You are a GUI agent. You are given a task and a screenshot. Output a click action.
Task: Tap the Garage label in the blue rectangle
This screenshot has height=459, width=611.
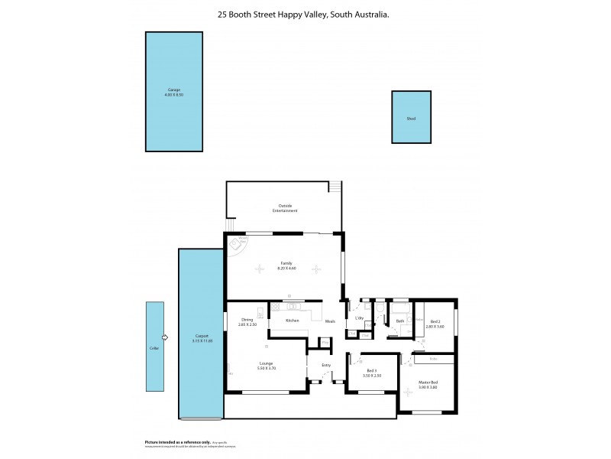pyautogui.click(x=175, y=90)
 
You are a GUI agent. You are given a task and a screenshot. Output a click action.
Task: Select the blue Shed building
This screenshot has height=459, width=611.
pyautogui.click(x=411, y=118)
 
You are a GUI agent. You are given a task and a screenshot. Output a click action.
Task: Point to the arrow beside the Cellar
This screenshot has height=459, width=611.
pyautogui.click(x=165, y=337)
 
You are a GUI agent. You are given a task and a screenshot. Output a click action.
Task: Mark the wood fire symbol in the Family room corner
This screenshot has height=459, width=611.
pyautogui.click(x=242, y=246)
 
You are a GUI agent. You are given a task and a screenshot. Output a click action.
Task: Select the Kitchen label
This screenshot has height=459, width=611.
pyautogui.click(x=292, y=321)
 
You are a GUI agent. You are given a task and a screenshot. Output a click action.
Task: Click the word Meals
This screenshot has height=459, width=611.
pyautogui.click(x=329, y=321)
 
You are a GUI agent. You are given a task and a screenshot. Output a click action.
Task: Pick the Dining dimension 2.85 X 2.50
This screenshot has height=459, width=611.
pyautogui.click(x=247, y=325)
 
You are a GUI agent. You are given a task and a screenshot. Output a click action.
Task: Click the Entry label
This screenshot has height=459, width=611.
pyautogui.click(x=326, y=365)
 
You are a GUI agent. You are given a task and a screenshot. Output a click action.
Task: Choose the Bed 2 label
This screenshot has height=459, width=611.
pyautogui.click(x=435, y=321)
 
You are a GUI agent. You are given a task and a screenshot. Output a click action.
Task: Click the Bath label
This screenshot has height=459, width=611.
pyautogui.click(x=399, y=321)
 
